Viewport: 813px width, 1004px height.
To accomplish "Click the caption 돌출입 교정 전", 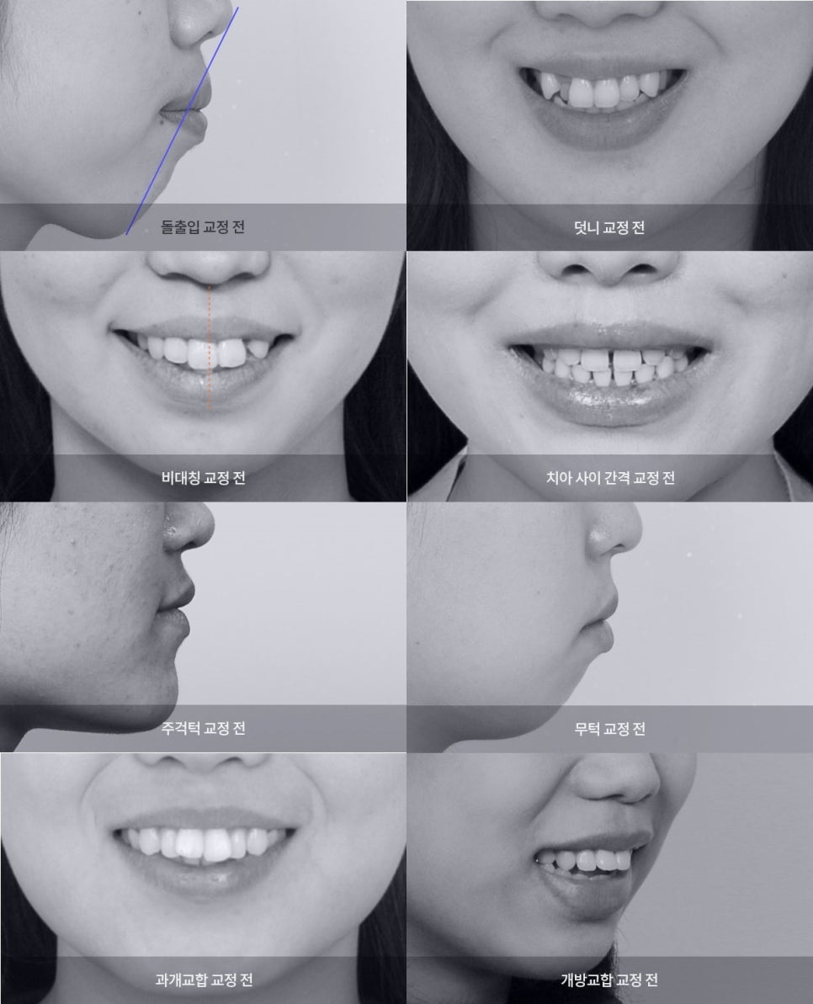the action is (202, 226).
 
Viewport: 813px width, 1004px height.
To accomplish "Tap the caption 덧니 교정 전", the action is (609, 227).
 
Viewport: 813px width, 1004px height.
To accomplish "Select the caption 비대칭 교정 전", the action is (203, 478).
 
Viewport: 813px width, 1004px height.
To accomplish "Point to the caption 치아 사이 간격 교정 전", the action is (610, 478).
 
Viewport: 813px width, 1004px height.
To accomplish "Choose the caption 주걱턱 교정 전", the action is (203, 728).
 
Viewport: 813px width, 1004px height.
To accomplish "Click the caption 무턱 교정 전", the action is (609, 729).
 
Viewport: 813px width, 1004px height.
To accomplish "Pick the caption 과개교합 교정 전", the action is (204, 980).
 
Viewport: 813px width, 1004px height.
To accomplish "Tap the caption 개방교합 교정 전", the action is (609, 980).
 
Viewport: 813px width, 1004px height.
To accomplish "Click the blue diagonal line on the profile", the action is (183, 121).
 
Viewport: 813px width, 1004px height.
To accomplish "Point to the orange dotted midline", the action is (210, 347).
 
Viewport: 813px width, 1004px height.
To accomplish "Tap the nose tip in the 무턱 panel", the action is (638, 530).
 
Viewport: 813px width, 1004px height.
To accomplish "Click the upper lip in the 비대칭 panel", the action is (205, 326).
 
